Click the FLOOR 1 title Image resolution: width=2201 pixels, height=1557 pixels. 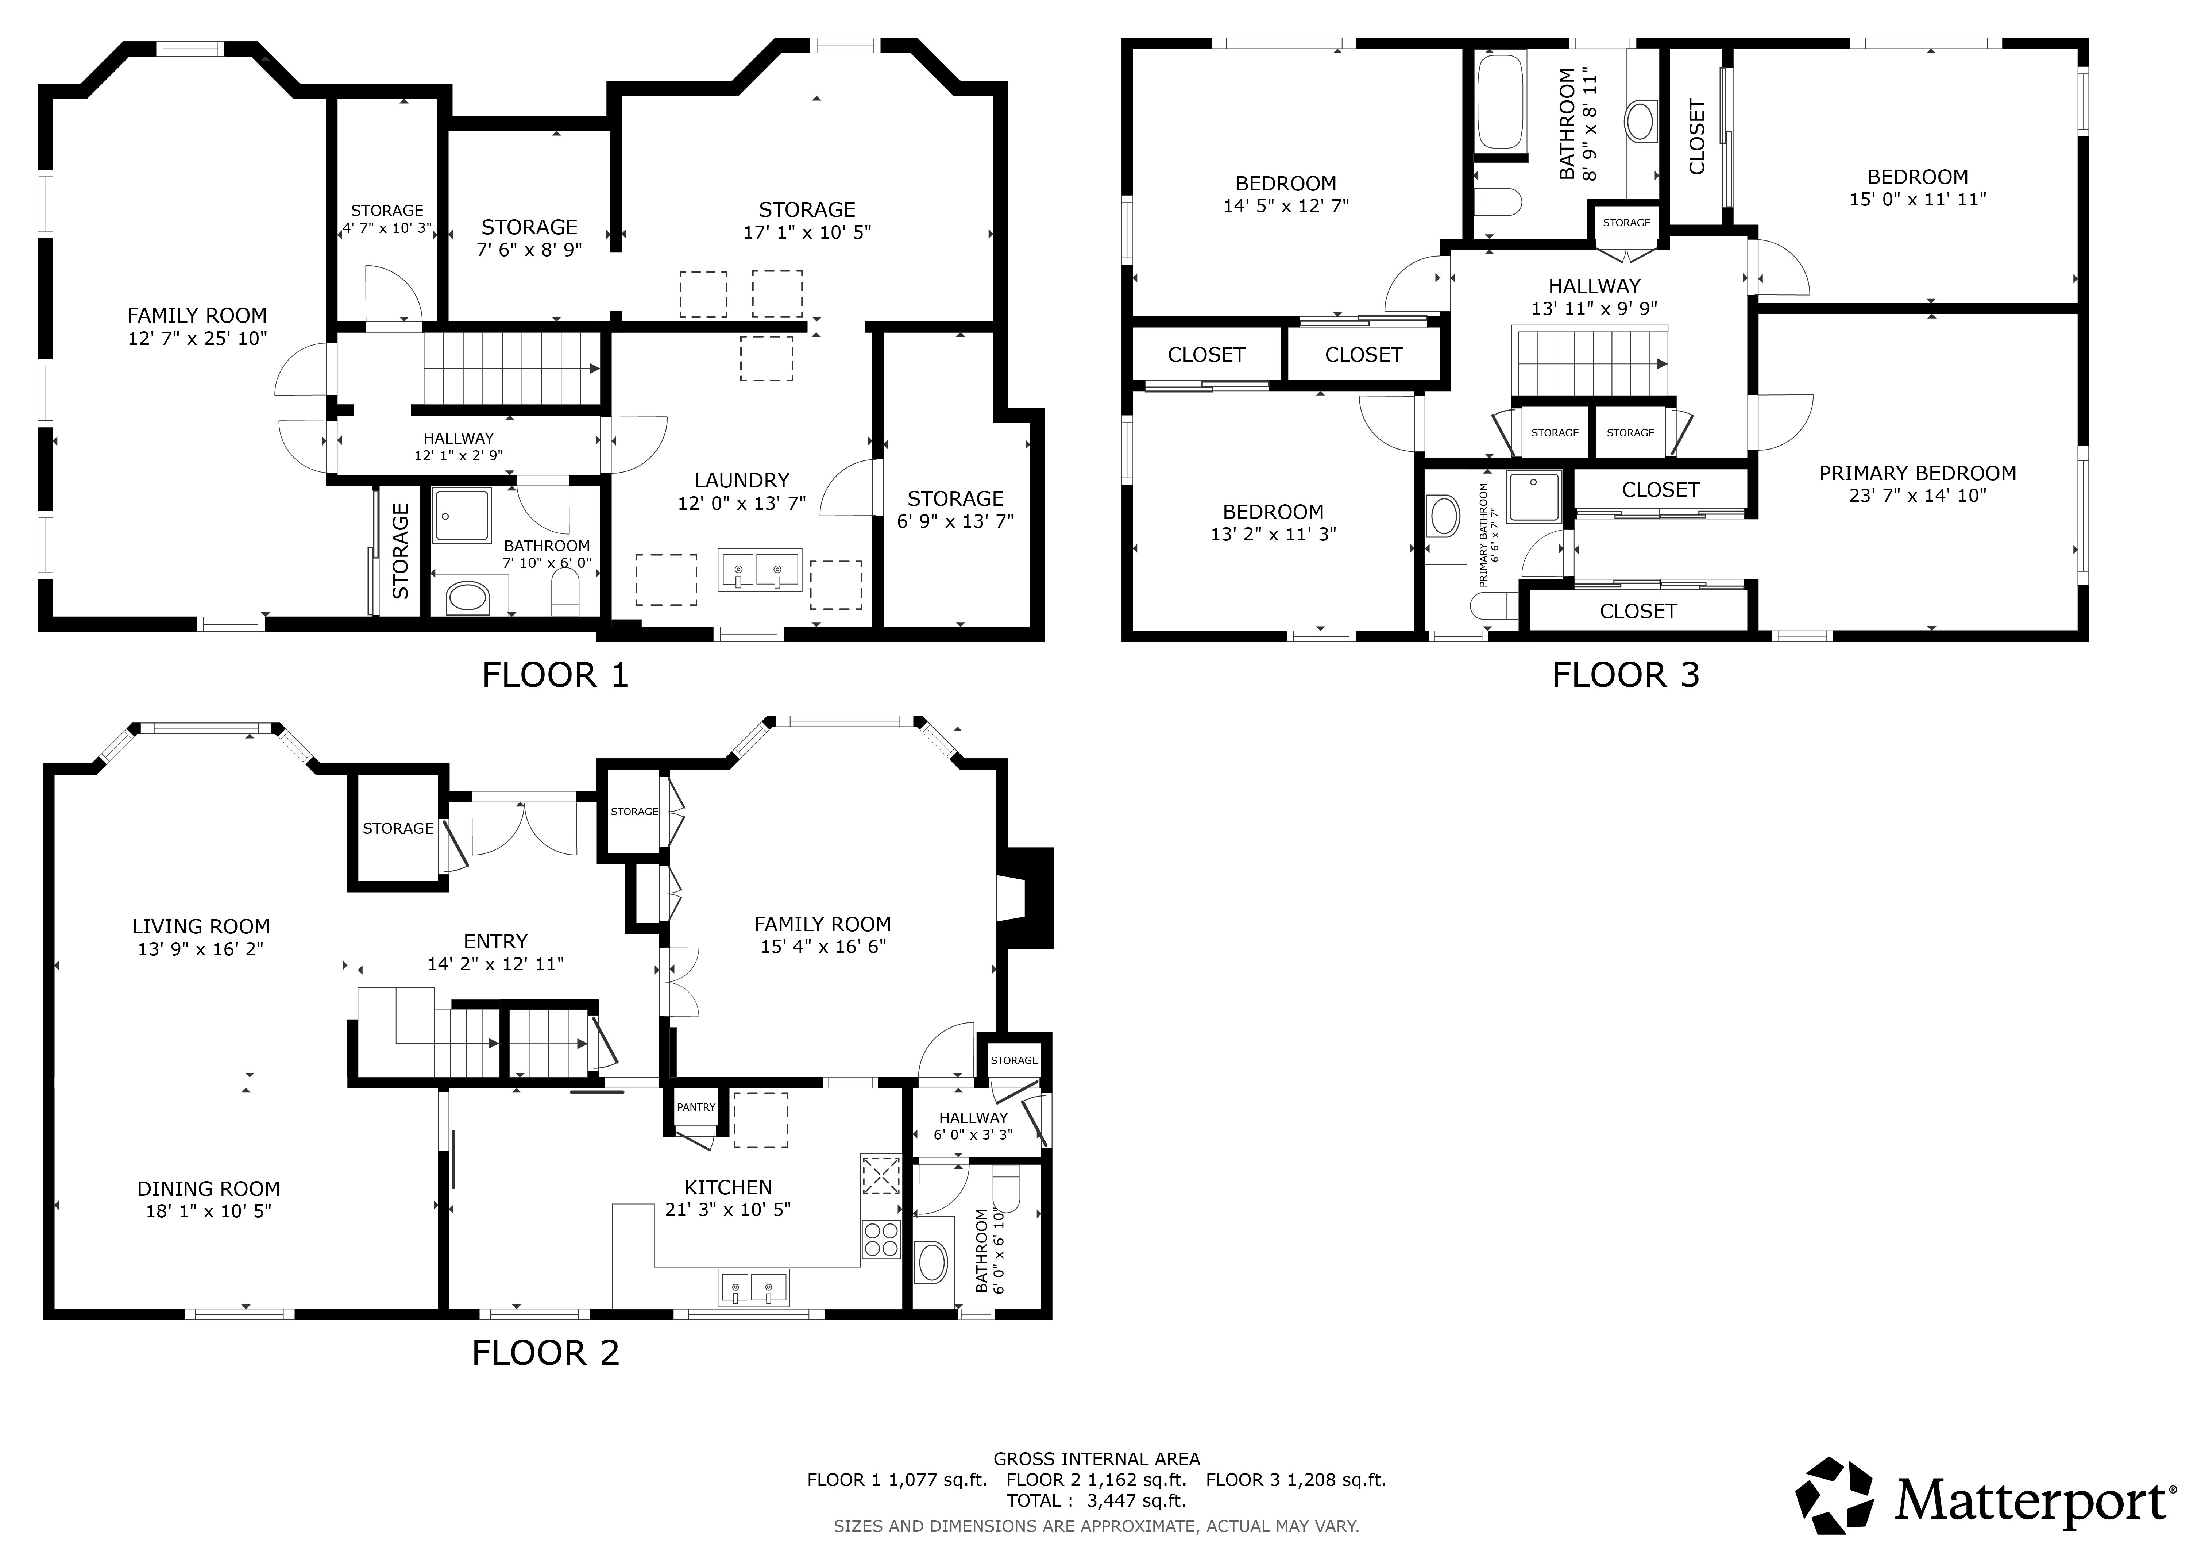click(x=555, y=675)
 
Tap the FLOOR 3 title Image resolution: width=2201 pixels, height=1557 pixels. click(x=1626, y=675)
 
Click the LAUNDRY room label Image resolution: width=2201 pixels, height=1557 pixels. click(x=742, y=480)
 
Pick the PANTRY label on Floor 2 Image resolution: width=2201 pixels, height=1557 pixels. click(x=696, y=1107)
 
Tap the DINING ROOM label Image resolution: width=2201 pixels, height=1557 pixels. click(x=208, y=1189)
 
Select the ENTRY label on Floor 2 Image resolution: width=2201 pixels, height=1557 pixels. click(x=495, y=941)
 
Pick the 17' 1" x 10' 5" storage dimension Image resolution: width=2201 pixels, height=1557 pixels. click(x=807, y=232)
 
